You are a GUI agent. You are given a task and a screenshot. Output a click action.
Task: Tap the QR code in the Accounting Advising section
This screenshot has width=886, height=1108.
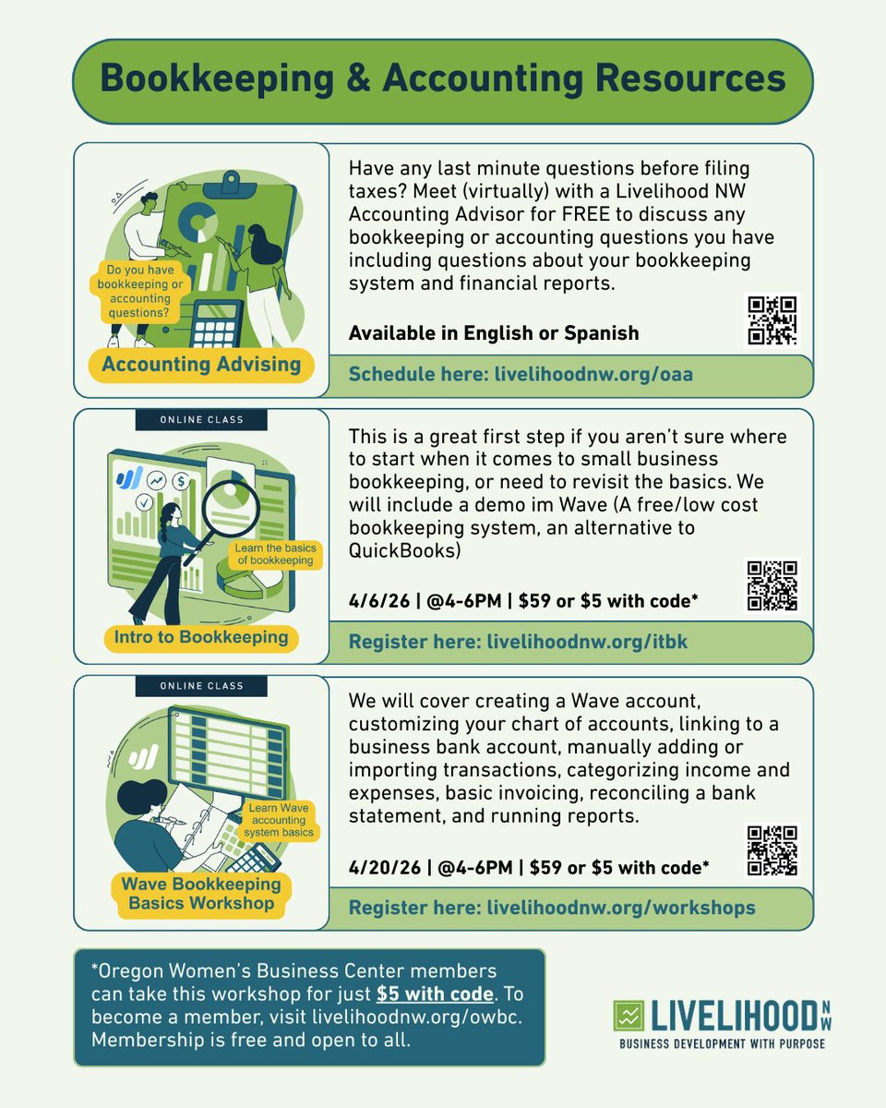point(772,320)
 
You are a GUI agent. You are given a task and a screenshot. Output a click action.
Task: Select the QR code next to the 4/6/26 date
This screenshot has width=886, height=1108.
point(772,586)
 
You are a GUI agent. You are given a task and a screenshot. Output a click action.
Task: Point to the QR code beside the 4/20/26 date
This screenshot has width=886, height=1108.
point(772,851)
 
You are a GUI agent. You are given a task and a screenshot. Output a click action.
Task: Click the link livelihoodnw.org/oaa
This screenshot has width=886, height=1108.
point(593,374)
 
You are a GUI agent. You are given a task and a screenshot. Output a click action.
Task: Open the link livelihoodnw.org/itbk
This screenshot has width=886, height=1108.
point(587,642)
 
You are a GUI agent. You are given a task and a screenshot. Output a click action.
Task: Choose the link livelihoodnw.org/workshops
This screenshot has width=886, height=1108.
point(621,908)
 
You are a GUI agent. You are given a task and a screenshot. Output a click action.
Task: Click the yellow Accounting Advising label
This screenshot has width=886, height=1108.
point(201,365)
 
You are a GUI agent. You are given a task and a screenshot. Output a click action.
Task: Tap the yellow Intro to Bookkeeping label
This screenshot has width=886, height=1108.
point(201,637)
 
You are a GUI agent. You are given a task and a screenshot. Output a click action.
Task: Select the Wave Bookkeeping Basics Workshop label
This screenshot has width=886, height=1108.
point(201,893)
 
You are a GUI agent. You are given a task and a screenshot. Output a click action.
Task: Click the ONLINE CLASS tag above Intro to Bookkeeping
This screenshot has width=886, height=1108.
point(201,419)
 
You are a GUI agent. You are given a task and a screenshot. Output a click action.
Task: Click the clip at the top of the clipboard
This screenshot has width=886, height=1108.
point(231,185)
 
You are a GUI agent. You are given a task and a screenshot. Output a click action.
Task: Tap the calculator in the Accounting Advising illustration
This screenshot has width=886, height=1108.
point(216,323)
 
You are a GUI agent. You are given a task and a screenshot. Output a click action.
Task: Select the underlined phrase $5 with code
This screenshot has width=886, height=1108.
point(435,994)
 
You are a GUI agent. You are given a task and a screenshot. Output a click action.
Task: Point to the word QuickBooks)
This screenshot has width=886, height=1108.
point(404,551)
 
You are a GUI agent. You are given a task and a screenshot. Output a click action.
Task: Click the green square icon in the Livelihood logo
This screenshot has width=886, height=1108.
point(629,1016)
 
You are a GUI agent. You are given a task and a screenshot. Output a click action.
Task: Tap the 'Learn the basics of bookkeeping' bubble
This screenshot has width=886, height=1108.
point(275,554)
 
